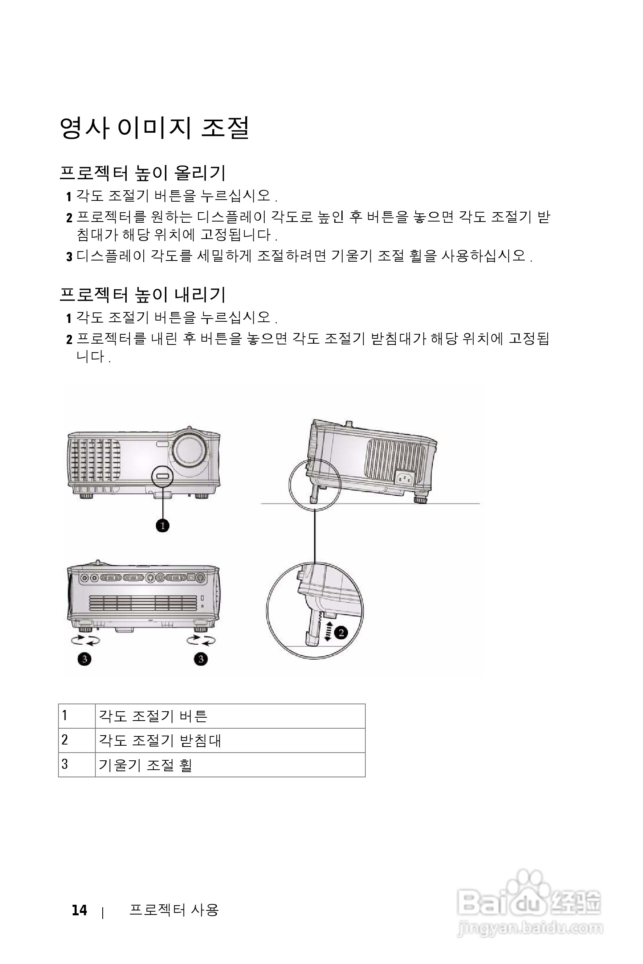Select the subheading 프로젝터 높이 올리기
pyautogui.click(x=143, y=173)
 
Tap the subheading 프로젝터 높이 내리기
pyautogui.click(x=143, y=294)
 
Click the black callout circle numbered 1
pyautogui.click(x=163, y=525)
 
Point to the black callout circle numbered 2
pyautogui.click(x=341, y=633)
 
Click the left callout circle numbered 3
pyautogui.click(x=84, y=659)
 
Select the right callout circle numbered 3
pyautogui.click(x=201, y=659)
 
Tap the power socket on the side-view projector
pyautogui.click(x=405, y=478)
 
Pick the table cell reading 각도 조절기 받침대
pyautogui.click(x=160, y=740)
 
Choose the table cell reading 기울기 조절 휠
pyautogui.click(x=146, y=765)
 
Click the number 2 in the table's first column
pyautogui.click(x=65, y=740)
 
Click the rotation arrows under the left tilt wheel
pyautogui.click(x=85, y=640)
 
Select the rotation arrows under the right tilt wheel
pyautogui.click(x=201, y=640)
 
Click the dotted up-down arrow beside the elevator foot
pyautogui.click(x=328, y=630)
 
